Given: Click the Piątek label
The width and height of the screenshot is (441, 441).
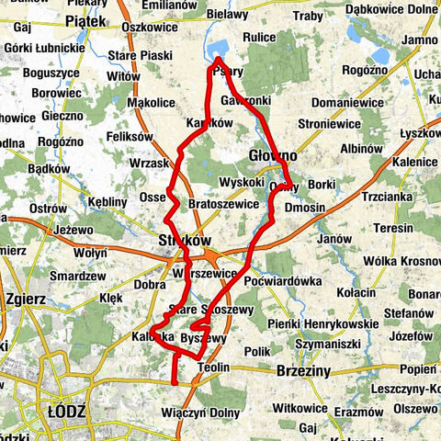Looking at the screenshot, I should [87, 17].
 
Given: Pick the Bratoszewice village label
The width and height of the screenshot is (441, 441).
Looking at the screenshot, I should [220, 203].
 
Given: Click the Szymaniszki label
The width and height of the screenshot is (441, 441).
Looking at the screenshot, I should [331, 342].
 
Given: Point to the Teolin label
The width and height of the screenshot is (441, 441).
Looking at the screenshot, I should [213, 367].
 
